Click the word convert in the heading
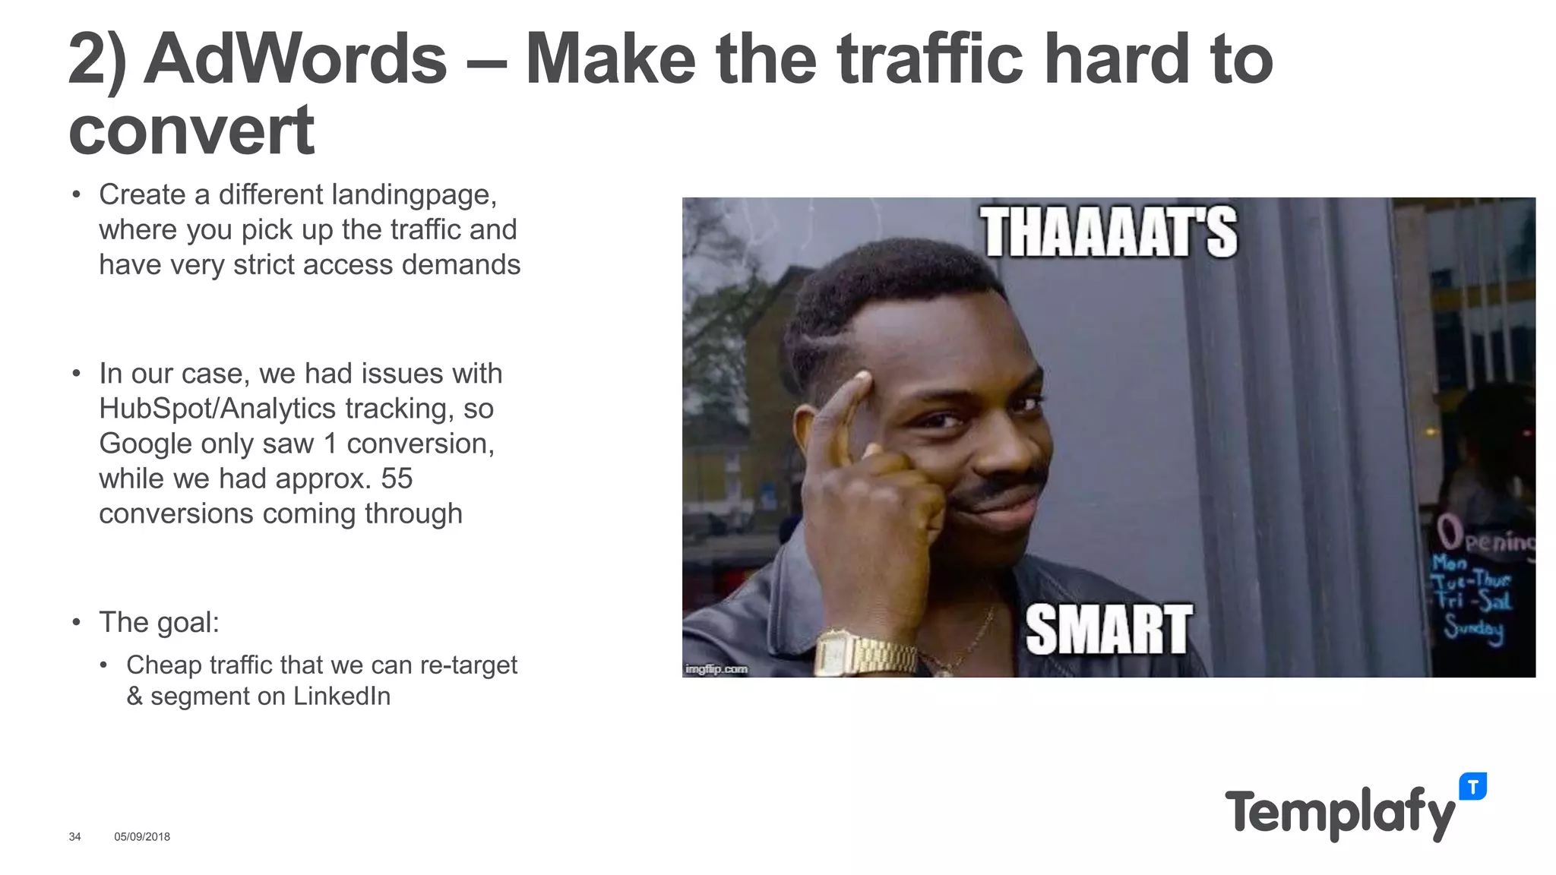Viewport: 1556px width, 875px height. click(191, 131)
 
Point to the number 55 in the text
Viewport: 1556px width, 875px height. click(396, 479)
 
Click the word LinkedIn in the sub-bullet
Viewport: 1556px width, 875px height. click(341, 696)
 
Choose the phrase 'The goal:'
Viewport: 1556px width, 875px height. click(159, 622)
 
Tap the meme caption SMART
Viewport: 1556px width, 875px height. click(1108, 629)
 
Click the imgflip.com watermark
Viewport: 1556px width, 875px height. click(716, 669)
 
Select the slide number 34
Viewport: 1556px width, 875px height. click(74, 836)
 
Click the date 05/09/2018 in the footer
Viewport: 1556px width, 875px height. click(142, 836)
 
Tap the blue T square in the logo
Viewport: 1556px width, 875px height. click(1472, 787)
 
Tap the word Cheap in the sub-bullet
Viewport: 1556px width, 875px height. click(164, 665)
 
